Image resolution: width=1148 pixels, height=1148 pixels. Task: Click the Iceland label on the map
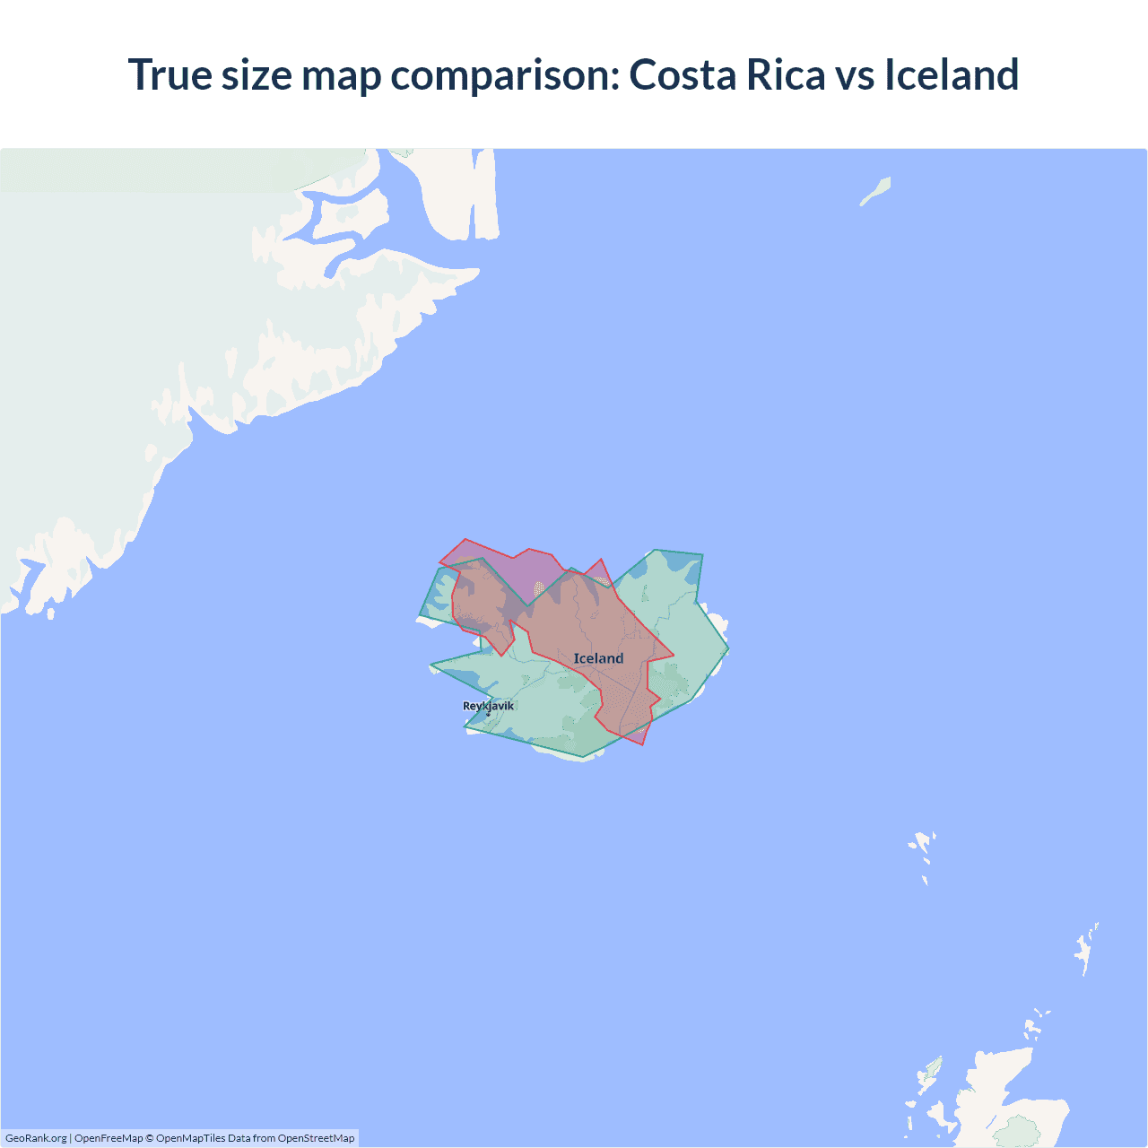[x=598, y=658]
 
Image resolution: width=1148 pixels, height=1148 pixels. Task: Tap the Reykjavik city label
[x=489, y=705]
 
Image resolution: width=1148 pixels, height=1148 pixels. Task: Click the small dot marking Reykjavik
[x=488, y=714]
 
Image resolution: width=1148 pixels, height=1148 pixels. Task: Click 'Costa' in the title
[x=682, y=74]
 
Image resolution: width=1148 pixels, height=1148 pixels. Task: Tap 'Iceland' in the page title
[x=952, y=74]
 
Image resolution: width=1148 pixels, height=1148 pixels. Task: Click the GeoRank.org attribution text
[x=36, y=1138]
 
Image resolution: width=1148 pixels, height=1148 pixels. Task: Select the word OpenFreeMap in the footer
[x=109, y=1138]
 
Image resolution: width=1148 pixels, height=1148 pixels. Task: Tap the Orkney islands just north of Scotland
[x=1037, y=1023]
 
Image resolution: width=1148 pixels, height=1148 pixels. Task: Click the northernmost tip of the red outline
[x=465, y=539]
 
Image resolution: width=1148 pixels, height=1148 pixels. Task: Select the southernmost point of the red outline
[x=643, y=745]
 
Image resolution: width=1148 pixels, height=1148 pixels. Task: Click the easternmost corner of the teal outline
[x=728, y=648]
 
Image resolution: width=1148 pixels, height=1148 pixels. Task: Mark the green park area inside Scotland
[x=1020, y=1131]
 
